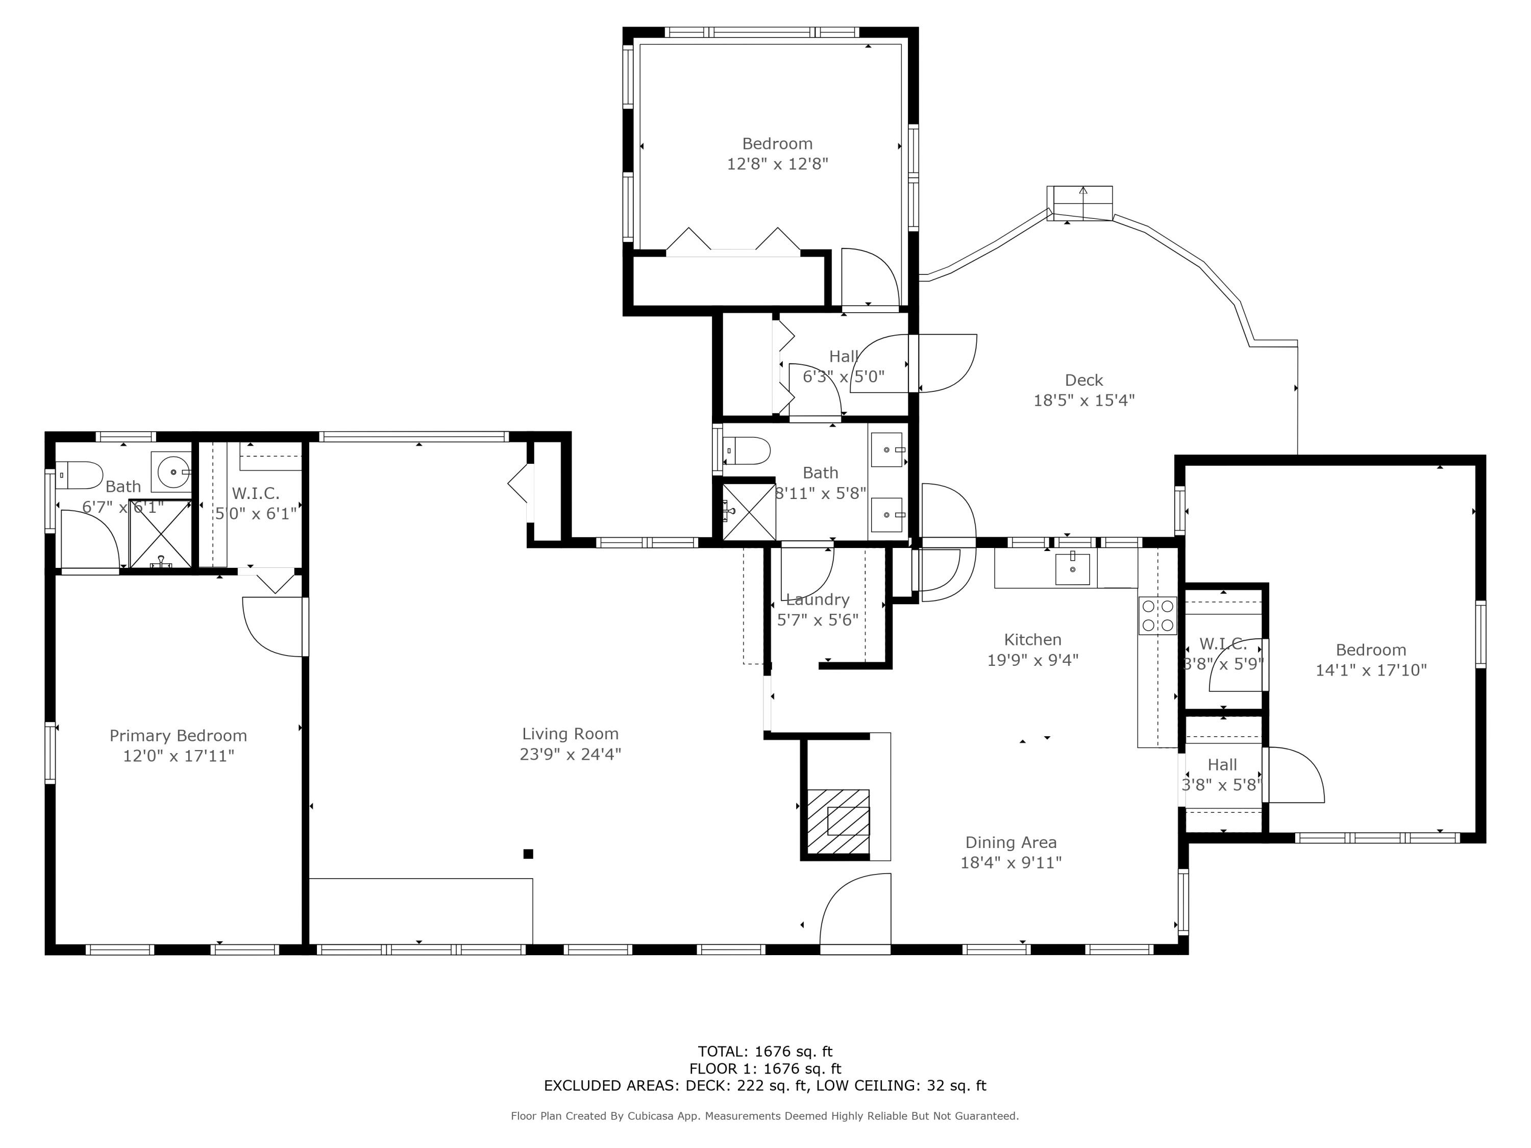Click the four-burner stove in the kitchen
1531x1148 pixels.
click(1157, 615)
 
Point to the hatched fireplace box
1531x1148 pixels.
click(838, 822)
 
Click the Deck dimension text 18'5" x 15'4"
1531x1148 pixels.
click(1084, 400)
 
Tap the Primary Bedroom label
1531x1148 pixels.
click(178, 736)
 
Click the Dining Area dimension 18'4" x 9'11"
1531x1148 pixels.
click(1010, 862)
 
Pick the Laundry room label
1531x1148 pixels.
click(818, 600)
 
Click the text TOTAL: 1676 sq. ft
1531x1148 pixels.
click(765, 1052)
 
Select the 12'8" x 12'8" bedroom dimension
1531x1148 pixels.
click(777, 164)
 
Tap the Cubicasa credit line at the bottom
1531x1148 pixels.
click(765, 1115)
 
